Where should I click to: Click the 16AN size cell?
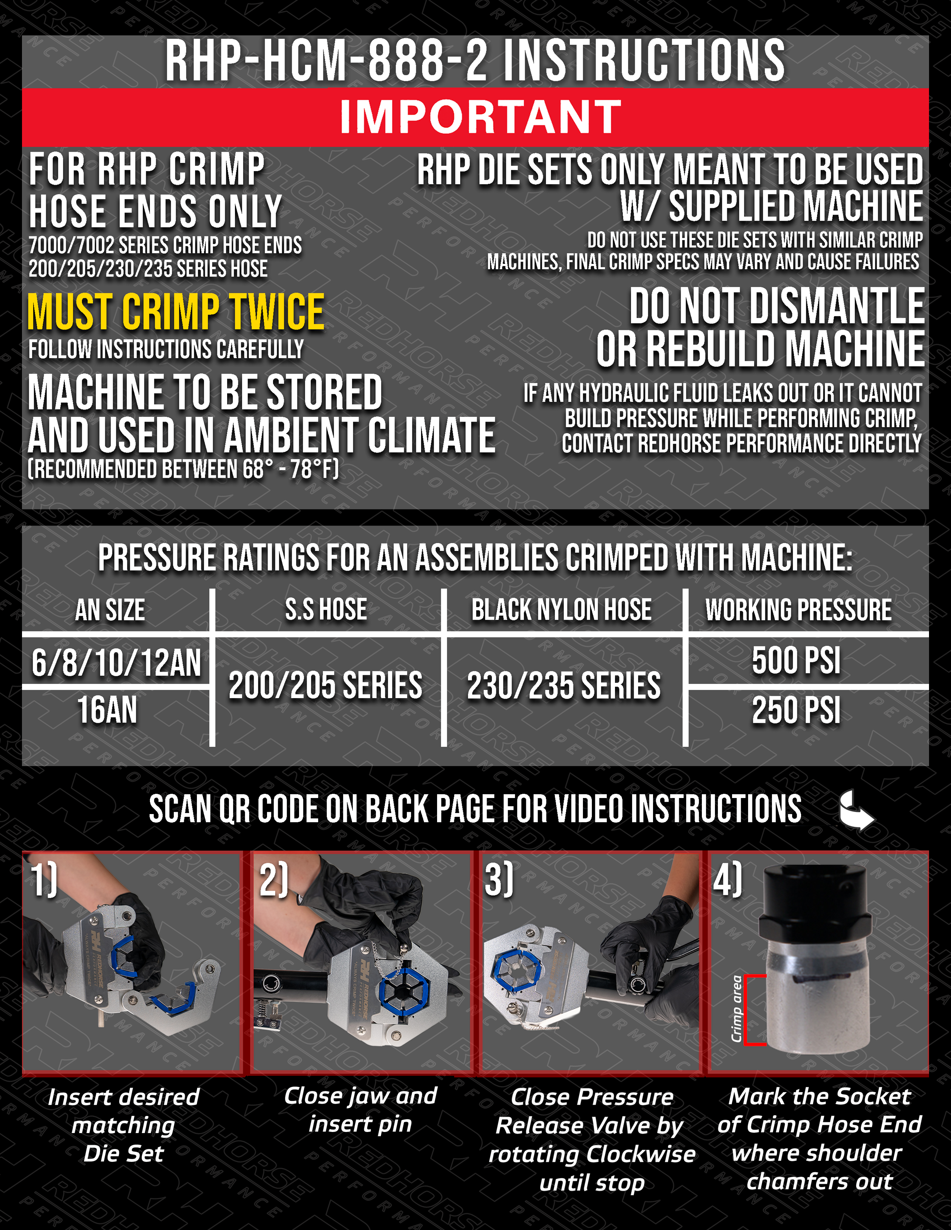tap(107, 710)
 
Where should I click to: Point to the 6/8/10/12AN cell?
tap(116, 662)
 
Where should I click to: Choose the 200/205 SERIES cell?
tap(325, 685)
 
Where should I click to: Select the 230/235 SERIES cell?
tap(564, 685)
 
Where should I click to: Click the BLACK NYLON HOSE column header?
tap(561, 609)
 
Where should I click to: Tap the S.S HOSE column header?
tap(326, 609)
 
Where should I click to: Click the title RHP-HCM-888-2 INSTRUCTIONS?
tap(475, 60)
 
